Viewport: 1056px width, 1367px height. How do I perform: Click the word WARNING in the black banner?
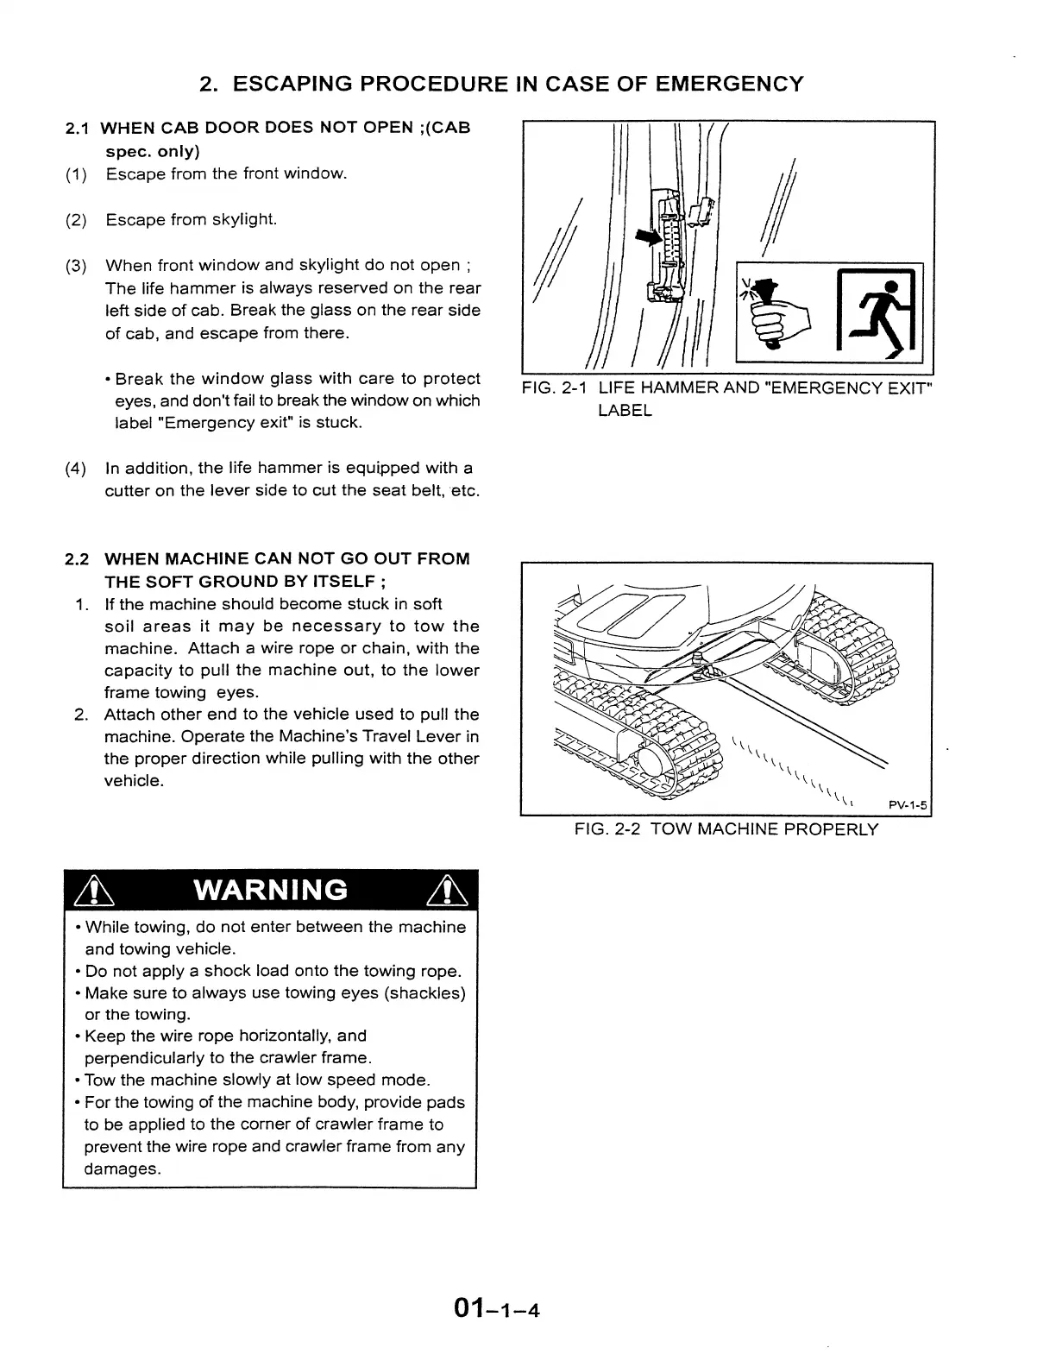pyautogui.click(x=272, y=890)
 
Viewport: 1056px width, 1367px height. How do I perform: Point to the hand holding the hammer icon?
pyautogui.click(x=777, y=318)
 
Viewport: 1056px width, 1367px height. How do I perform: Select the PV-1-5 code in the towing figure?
pyautogui.click(x=908, y=806)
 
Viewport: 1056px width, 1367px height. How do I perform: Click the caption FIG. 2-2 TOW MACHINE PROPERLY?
pyautogui.click(x=726, y=829)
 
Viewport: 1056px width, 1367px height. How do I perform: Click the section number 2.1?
pyautogui.click(x=78, y=129)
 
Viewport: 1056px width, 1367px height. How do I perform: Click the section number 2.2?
pyautogui.click(x=78, y=558)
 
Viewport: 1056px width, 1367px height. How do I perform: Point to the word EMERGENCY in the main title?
pyautogui.click(x=729, y=84)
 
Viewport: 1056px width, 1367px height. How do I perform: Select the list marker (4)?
pyautogui.click(x=76, y=469)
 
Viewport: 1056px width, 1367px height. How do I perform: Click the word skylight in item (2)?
pyautogui.click(x=245, y=219)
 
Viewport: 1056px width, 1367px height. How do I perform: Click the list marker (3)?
pyautogui.click(x=76, y=265)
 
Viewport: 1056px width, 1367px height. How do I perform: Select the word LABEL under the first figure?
pyautogui.click(x=625, y=411)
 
